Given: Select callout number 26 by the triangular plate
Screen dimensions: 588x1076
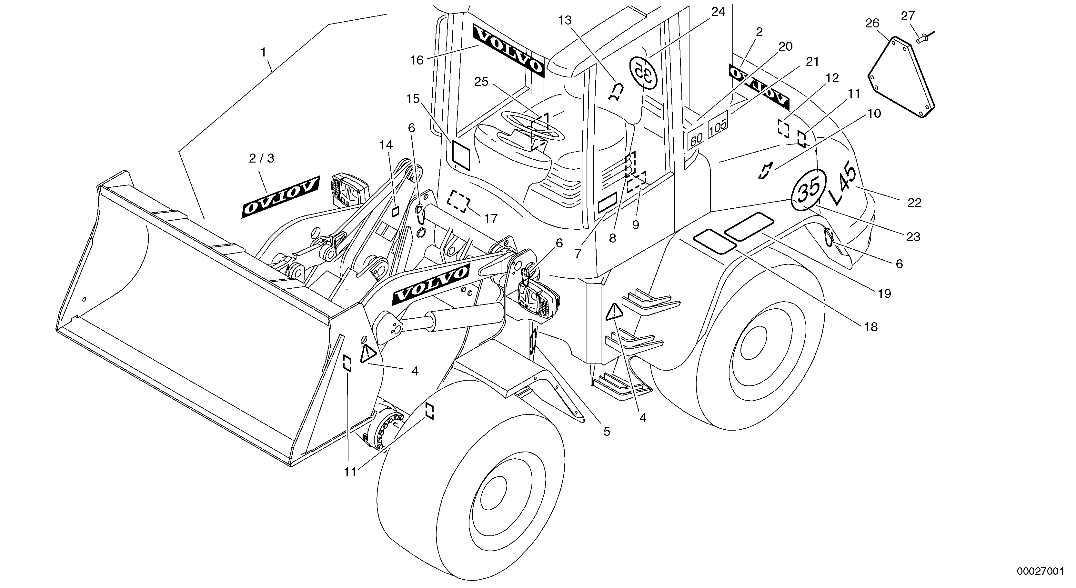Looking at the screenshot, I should [x=872, y=24].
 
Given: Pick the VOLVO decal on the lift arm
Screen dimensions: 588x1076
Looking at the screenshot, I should [x=430, y=285].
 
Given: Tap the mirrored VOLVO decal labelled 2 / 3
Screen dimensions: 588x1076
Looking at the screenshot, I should [x=280, y=196].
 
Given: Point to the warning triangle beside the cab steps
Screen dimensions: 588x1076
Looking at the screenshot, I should [x=614, y=312].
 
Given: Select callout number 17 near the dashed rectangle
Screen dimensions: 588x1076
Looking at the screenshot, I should [x=491, y=218].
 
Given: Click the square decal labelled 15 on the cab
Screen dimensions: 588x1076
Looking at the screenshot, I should [x=461, y=154].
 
